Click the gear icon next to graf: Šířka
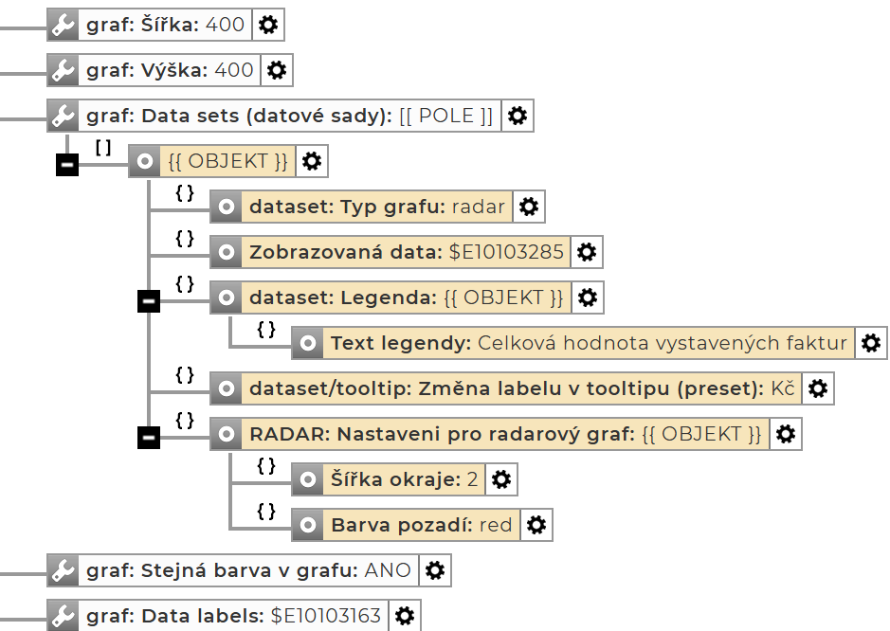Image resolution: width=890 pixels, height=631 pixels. (269, 26)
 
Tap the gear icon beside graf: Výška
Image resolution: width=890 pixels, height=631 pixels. (277, 70)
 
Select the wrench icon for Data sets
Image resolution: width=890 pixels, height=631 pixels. (63, 116)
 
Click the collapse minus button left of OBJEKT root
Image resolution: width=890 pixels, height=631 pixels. (67, 165)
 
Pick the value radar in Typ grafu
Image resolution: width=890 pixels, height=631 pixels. (480, 207)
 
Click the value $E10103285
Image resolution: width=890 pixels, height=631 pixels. (506, 252)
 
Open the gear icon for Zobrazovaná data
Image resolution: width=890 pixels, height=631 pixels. (587, 252)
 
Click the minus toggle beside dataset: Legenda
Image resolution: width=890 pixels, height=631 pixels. (149, 301)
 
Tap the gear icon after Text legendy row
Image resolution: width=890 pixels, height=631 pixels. (871, 343)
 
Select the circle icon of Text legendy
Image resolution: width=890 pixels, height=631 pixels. (307, 343)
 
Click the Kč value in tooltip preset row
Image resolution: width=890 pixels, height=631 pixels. (783, 388)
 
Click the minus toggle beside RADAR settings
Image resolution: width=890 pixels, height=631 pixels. (149, 438)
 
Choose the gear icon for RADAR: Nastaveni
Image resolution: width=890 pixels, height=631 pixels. (785, 434)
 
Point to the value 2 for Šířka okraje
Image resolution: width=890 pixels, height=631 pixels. (472, 479)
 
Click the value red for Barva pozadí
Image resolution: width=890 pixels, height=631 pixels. (496, 525)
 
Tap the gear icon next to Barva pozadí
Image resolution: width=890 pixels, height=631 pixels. (536, 525)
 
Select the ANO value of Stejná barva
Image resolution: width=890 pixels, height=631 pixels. (389, 570)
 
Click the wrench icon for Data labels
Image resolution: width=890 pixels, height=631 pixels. (63, 616)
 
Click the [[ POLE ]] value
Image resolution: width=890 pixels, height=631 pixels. (445, 116)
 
